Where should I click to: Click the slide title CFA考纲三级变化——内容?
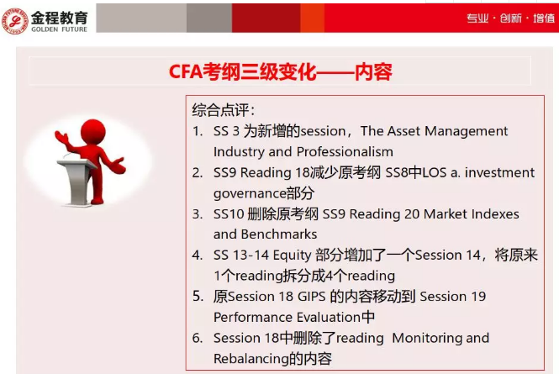(280, 71)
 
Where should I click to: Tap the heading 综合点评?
(224, 110)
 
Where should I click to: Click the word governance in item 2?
(250, 193)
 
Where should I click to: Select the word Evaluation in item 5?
(322, 318)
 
